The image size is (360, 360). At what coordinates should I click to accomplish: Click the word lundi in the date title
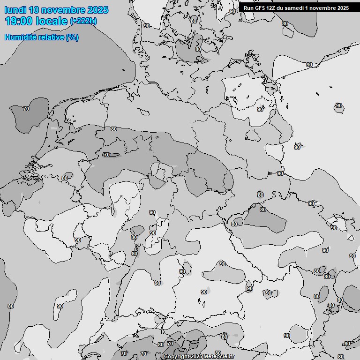[x=15, y=10]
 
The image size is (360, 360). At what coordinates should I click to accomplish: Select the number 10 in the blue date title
[x=34, y=10]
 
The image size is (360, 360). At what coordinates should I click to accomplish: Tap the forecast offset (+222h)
[x=83, y=21]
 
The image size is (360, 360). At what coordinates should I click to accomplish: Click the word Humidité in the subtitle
[x=20, y=37]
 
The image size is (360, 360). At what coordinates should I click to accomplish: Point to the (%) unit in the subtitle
[x=72, y=37]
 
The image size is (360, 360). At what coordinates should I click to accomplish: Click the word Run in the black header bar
[x=248, y=8]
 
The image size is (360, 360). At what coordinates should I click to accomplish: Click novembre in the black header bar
[x=322, y=8]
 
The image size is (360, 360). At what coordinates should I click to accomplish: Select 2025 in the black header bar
[x=343, y=8]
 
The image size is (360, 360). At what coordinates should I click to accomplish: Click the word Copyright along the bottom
[x=176, y=357]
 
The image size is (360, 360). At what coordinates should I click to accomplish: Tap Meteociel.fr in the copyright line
[x=218, y=357]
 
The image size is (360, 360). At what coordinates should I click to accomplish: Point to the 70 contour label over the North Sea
[x=26, y=109]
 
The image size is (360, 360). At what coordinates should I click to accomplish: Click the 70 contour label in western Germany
[x=106, y=155]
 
